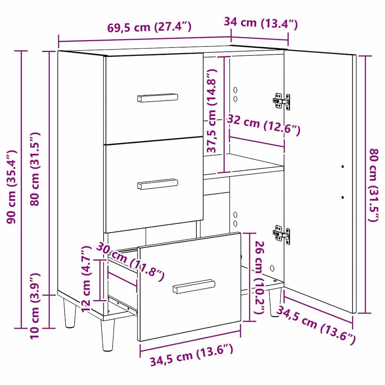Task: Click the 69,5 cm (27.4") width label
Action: (x=149, y=27)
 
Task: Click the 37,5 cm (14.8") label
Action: (x=212, y=111)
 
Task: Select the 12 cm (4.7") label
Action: (x=86, y=278)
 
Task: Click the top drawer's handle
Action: (x=158, y=98)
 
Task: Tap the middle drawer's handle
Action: (x=158, y=184)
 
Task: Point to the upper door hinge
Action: (x=282, y=101)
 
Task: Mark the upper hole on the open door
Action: (x=343, y=166)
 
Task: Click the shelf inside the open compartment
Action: (x=244, y=165)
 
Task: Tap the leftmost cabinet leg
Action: (x=70, y=312)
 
